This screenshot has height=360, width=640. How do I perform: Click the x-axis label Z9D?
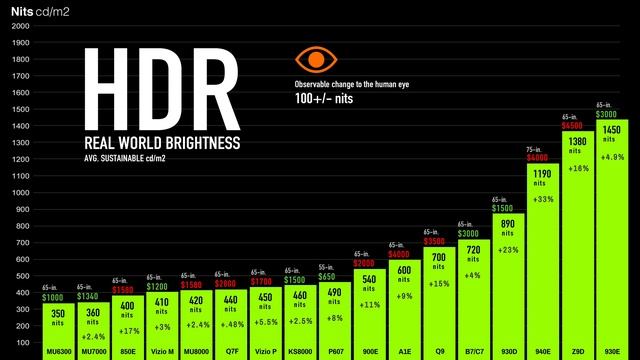click(x=577, y=352)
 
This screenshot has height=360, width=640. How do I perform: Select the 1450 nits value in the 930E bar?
click(x=612, y=131)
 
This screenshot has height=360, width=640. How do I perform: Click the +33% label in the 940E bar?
click(x=541, y=199)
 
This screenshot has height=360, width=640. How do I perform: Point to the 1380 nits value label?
click(x=577, y=142)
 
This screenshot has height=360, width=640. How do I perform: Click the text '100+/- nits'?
click(x=324, y=100)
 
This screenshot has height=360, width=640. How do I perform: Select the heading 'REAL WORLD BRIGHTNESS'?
click(x=162, y=143)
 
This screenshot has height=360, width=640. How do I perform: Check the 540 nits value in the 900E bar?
click(x=368, y=278)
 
